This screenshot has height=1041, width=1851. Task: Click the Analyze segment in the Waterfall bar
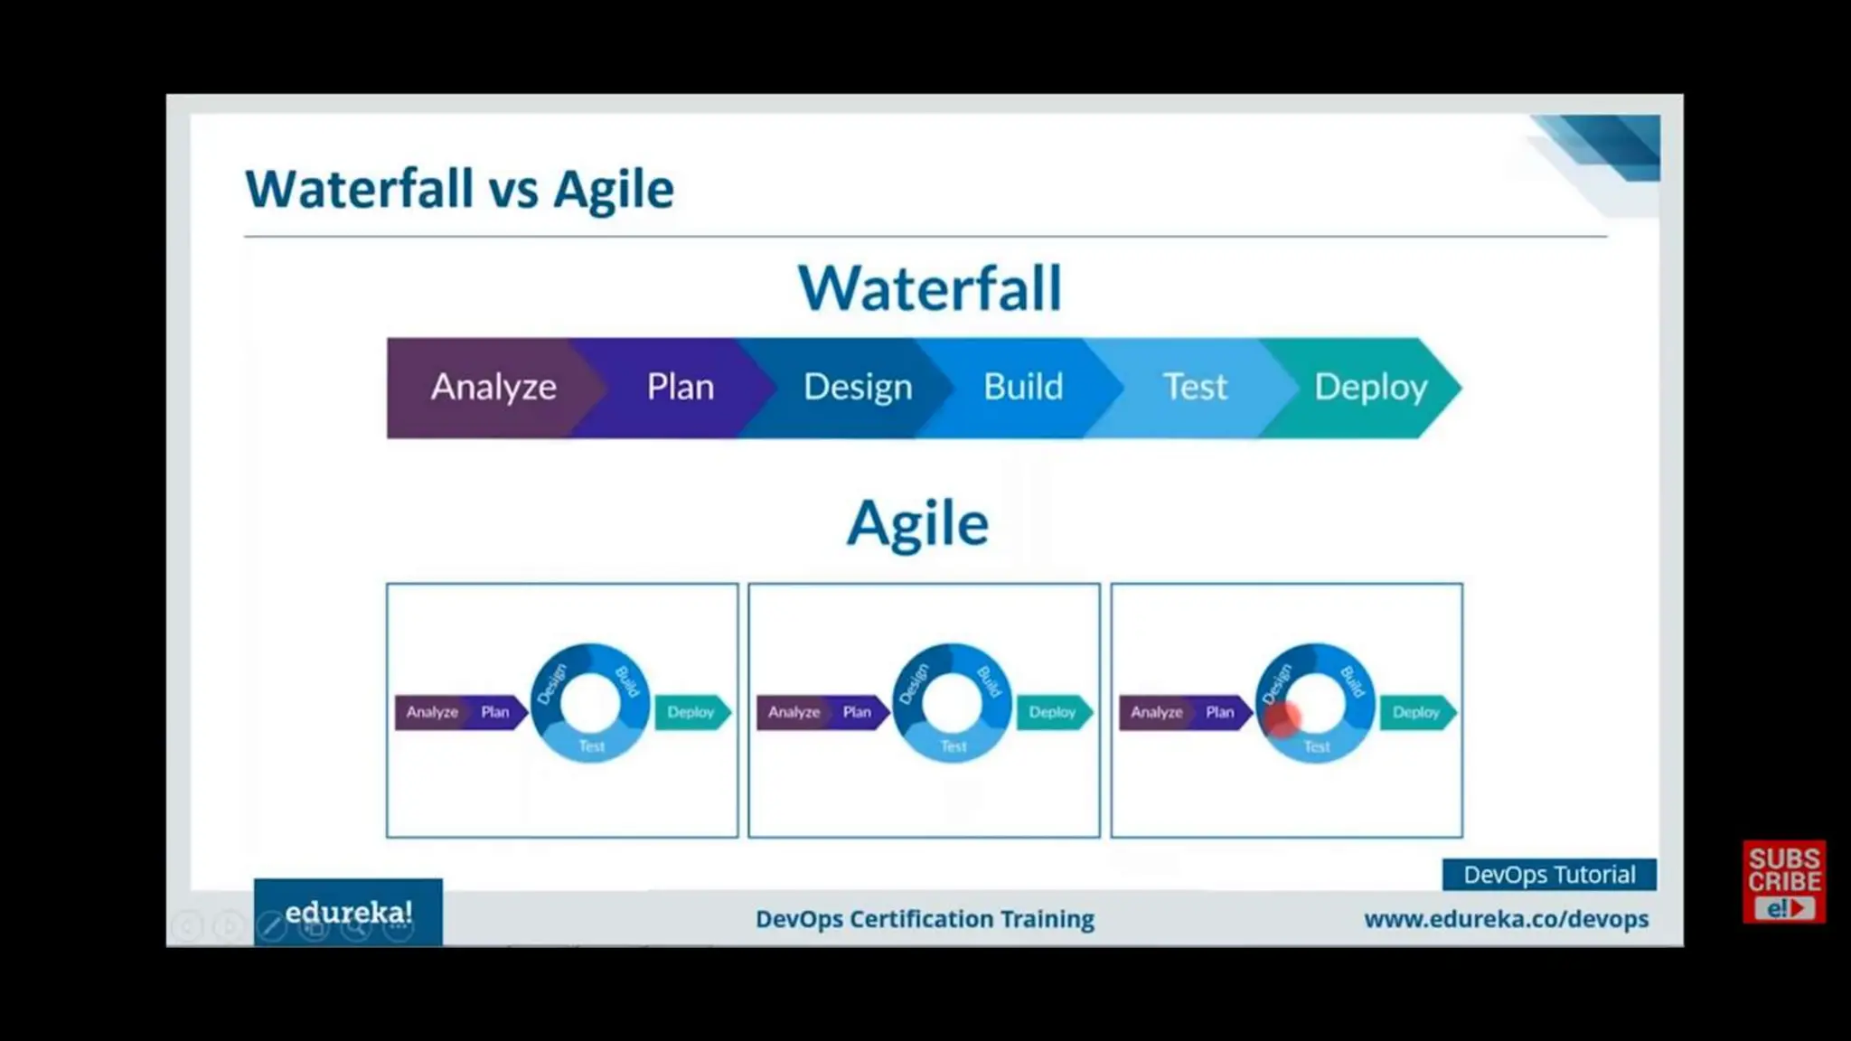pos(493,388)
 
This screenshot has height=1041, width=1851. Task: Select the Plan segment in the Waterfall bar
pos(680,388)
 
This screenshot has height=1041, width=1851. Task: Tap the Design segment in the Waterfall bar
pos(858,388)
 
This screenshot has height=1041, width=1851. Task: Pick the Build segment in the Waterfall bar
pos(1023,388)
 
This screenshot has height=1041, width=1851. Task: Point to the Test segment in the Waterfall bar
pos(1195,388)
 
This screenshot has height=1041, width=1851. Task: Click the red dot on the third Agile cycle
pos(1283,718)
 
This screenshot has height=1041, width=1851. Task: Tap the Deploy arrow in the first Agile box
pos(691,712)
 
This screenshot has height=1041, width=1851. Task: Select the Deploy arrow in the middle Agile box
pos(1053,712)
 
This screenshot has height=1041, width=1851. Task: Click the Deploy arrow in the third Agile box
pos(1416,712)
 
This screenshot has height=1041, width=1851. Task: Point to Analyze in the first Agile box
pos(432,712)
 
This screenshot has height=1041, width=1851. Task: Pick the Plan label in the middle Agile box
pos(857,712)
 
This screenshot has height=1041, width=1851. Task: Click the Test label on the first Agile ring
pos(592,746)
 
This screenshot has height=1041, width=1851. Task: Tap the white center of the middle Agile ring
pos(952,702)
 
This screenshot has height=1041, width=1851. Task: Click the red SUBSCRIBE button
pos(1784,882)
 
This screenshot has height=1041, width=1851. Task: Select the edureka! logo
pos(349,912)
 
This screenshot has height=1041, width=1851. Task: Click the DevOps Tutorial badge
pos(1549,875)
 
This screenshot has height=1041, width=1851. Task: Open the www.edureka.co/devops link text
pos(1507,919)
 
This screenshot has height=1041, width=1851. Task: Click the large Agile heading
pos(918,524)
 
